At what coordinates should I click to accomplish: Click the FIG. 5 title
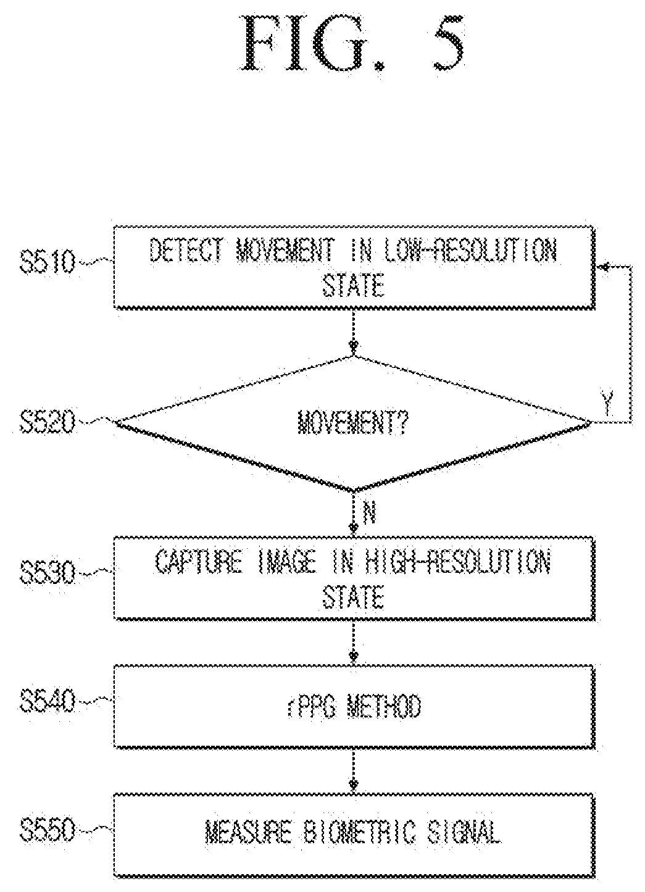point(352,43)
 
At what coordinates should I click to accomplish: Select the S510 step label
point(48,262)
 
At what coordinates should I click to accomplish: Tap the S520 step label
point(48,422)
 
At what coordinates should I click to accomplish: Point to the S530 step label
point(48,572)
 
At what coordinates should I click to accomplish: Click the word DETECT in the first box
point(186,249)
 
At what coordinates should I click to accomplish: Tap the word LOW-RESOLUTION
point(470,249)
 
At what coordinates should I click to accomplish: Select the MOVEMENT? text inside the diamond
point(353,422)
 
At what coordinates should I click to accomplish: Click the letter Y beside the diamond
point(607,402)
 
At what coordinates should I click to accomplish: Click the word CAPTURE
point(198,562)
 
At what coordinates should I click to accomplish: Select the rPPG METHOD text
point(354,706)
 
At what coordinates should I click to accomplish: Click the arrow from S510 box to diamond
point(353,331)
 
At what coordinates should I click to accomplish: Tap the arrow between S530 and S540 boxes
point(353,642)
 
